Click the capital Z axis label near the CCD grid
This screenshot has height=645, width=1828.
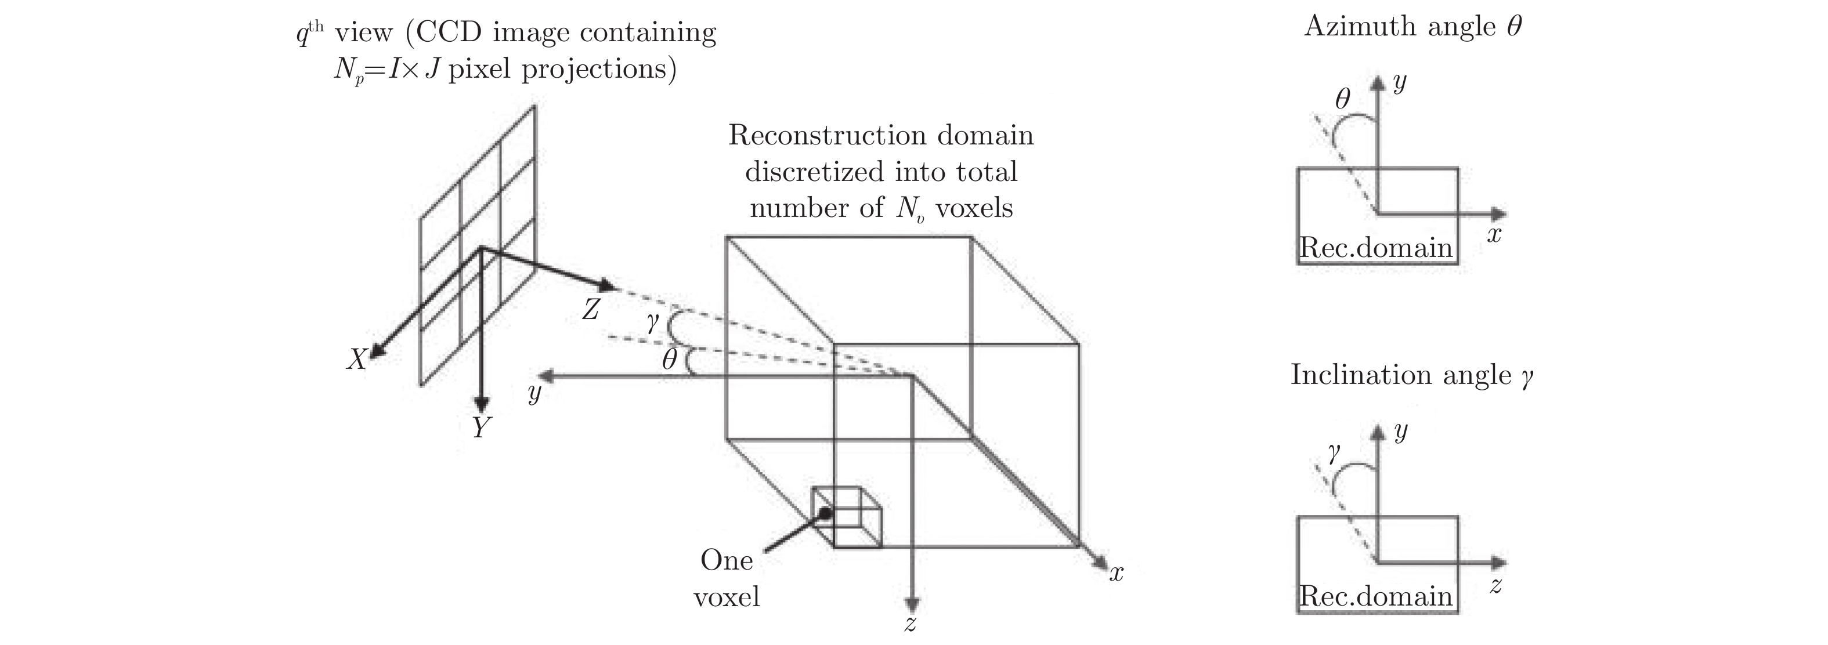click(590, 309)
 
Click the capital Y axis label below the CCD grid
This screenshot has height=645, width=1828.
click(481, 427)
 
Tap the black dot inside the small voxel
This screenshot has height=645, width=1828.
click(825, 513)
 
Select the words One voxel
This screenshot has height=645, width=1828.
click(727, 578)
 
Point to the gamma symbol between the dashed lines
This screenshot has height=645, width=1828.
click(653, 324)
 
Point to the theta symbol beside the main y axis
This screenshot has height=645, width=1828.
click(669, 360)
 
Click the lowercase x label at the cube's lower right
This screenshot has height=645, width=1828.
click(1117, 573)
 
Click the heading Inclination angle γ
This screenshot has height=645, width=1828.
click(1411, 375)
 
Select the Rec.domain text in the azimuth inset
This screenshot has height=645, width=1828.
click(1376, 248)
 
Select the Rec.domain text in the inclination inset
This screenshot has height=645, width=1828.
click(1376, 596)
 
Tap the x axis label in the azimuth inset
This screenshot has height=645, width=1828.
click(1494, 235)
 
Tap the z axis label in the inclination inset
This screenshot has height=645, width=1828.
click(1495, 585)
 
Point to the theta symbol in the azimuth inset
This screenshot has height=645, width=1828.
click(1342, 99)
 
